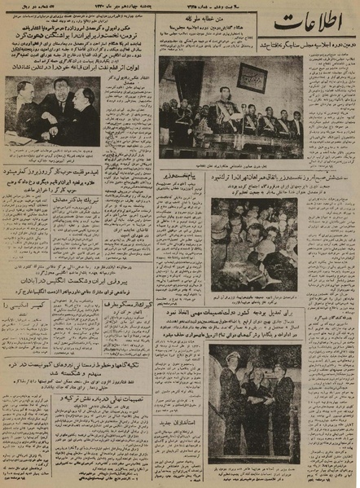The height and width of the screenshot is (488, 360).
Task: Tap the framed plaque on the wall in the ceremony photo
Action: point(251,77)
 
